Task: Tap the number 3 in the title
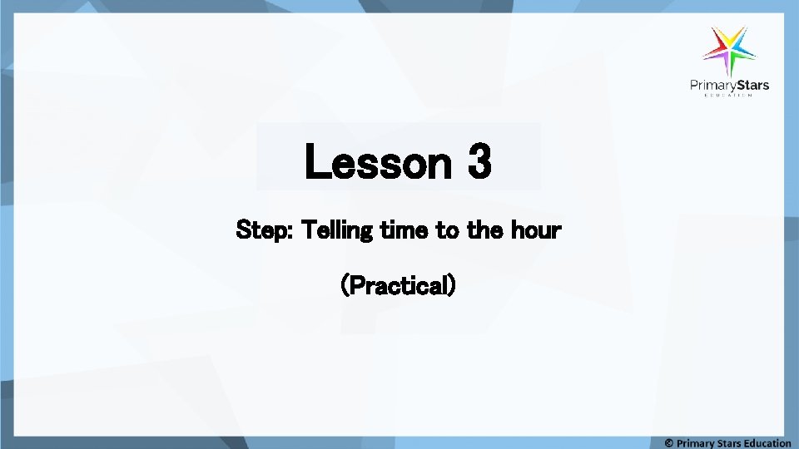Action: coord(479,161)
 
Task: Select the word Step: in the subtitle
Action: coord(265,229)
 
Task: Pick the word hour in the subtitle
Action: coord(535,229)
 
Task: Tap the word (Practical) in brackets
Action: coord(399,285)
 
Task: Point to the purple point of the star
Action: coord(727,67)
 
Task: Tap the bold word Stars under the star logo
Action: coord(752,85)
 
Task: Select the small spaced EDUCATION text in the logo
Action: coord(728,96)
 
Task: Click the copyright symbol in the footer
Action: coord(669,443)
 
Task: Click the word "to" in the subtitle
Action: coord(447,229)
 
